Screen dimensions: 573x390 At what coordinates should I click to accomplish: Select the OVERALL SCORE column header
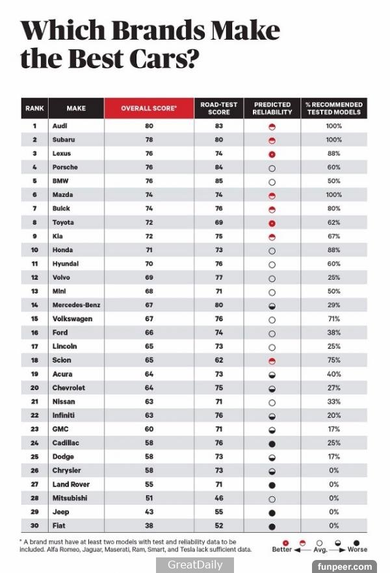(x=149, y=108)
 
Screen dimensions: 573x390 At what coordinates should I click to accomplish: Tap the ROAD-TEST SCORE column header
(x=219, y=108)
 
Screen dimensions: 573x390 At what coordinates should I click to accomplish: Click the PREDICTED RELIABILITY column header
(x=272, y=108)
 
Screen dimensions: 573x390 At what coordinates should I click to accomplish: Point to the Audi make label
(x=60, y=126)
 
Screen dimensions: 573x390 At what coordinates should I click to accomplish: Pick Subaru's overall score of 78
(x=149, y=139)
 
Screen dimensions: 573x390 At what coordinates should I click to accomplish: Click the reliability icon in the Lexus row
(x=272, y=154)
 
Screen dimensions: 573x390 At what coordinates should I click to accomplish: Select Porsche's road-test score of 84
(x=219, y=167)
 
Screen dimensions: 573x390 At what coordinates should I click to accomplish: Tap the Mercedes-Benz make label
(x=76, y=305)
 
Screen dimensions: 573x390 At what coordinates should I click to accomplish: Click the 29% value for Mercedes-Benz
(x=333, y=305)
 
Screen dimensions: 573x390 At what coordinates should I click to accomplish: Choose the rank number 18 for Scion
(x=34, y=360)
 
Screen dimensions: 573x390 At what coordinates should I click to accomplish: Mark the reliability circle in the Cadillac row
(x=272, y=444)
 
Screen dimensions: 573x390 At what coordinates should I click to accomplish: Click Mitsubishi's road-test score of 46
(x=219, y=498)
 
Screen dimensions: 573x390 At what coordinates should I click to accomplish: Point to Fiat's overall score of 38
(x=149, y=526)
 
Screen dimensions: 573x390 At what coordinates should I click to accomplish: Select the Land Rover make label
(x=71, y=485)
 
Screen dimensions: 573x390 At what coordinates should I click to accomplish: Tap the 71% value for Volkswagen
(x=333, y=319)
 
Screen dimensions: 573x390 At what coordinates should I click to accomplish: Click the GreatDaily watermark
(x=195, y=565)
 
